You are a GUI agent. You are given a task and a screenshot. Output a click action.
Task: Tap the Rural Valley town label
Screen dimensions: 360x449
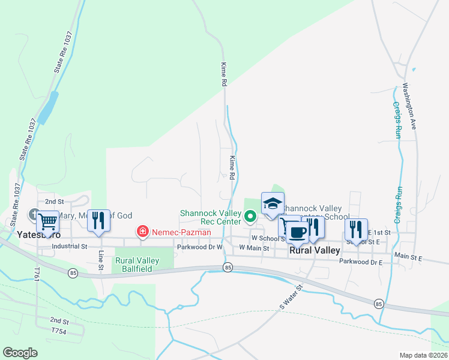[315, 250]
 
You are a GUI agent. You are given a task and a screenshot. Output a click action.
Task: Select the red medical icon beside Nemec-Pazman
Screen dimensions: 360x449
[143, 231]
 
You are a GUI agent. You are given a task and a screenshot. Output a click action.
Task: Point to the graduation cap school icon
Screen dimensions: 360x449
[273, 203]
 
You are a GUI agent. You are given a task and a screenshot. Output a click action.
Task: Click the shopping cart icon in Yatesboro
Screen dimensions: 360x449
[47, 222]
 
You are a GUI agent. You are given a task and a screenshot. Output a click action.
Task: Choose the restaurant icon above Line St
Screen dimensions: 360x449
[98, 220]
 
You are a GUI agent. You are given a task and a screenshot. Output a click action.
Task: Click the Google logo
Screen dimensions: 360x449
[20, 353]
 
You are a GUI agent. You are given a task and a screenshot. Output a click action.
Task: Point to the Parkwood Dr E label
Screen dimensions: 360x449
[361, 262]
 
